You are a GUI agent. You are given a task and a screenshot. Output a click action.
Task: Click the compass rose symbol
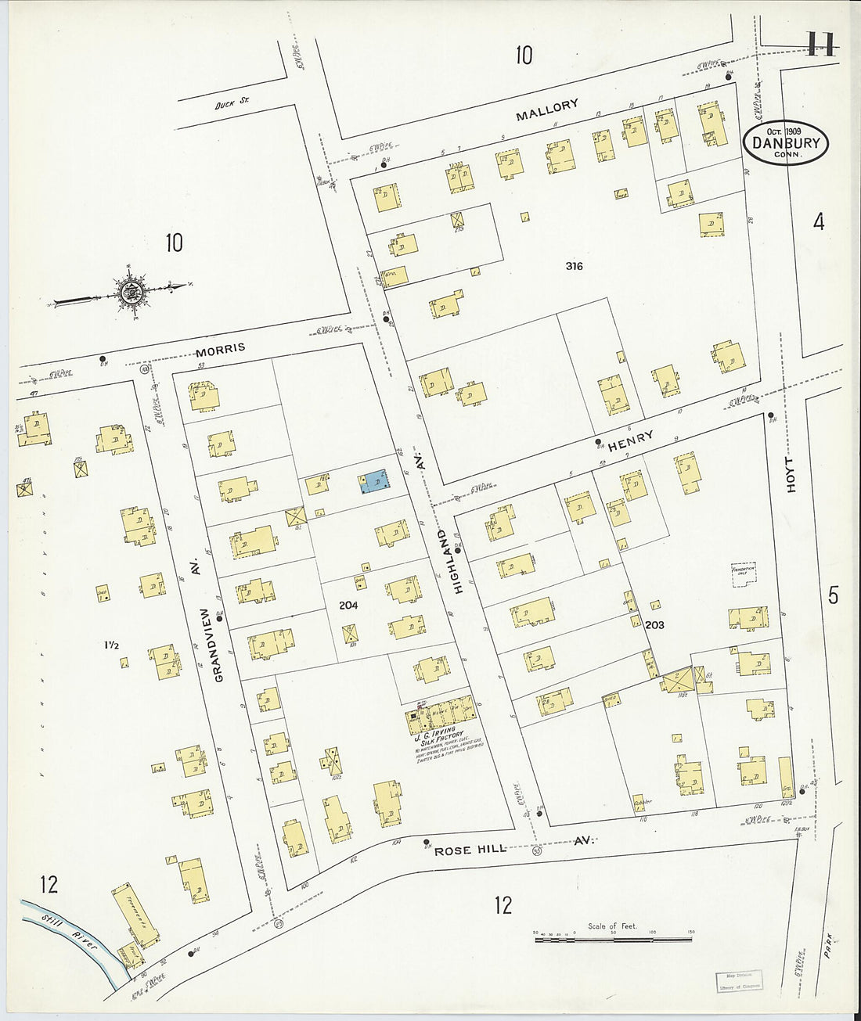tap(130, 291)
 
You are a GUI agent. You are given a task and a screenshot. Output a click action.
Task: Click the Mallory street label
tap(547, 110)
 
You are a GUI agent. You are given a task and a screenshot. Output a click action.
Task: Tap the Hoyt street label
tap(791, 475)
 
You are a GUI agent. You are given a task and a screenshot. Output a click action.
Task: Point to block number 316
tap(574, 266)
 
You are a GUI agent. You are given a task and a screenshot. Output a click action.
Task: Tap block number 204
tap(349, 605)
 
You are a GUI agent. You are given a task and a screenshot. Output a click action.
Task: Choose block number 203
tap(655, 624)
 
